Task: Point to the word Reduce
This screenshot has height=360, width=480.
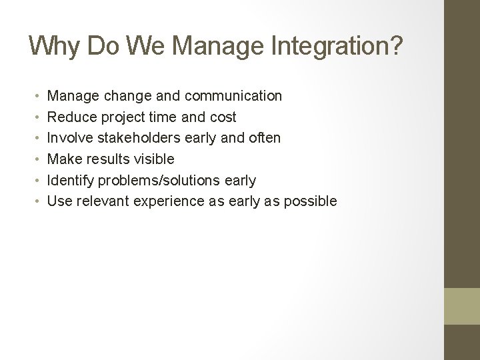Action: pyautogui.click(x=71, y=117)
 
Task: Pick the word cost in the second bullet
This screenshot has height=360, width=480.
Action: pyautogui.click(x=223, y=117)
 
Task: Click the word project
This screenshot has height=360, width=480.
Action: pyautogui.click(x=121, y=117)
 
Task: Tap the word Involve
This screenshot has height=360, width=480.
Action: pyautogui.click(x=71, y=138)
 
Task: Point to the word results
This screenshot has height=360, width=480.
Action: pyautogui.click(x=105, y=159)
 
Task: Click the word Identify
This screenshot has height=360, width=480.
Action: pyautogui.click(x=71, y=180)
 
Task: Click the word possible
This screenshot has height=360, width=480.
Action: pyautogui.click(x=312, y=201)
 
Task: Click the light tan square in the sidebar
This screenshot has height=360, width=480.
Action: pyautogui.click(x=462, y=306)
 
